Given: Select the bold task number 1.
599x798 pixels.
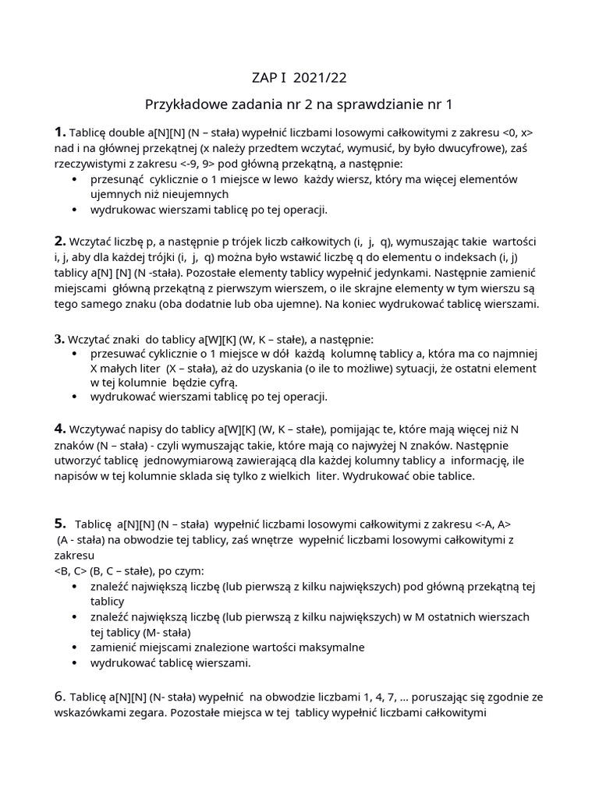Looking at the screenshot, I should click(x=59, y=131).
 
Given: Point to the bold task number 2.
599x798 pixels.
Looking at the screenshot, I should click(x=60, y=240).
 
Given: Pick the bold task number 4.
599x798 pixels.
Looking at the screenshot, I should click(x=60, y=429).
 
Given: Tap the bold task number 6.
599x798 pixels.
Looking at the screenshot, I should click(x=60, y=696).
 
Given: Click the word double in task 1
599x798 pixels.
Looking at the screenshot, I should click(x=126, y=132).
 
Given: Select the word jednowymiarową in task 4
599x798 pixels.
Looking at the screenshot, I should click(x=189, y=461).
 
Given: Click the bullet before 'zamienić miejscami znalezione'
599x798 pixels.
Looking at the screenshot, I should click(x=74, y=647).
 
